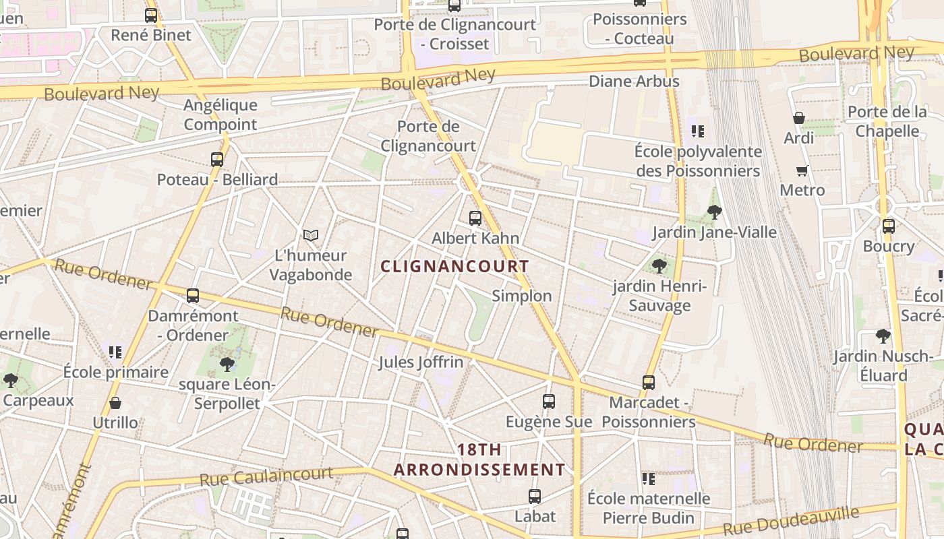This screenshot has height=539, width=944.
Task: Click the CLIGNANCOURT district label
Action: [455, 266]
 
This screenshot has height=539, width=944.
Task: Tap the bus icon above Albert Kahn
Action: [475, 218]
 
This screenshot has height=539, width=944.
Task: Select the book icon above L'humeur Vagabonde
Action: [311, 235]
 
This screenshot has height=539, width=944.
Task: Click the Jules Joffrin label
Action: [421, 362]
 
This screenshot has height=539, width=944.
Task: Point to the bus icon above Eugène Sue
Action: [549, 402]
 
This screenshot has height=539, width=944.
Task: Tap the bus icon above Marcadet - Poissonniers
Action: [649, 383]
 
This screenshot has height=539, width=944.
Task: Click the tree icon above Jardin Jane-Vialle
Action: [715, 212]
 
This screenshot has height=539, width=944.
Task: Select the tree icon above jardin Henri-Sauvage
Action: [659, 266]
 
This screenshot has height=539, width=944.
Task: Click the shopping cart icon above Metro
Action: [802, 170]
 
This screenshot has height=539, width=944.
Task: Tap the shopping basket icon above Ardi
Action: [799, 118]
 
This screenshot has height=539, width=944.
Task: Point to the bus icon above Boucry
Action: [889, 226]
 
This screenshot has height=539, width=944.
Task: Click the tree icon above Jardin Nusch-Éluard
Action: [883, 336]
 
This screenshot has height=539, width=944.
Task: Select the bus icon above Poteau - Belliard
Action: [217, 160]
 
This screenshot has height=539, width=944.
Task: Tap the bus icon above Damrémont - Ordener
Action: [193, 295]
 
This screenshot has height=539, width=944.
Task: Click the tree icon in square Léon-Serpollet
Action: [227, 364]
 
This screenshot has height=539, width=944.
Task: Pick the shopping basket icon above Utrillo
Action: [115, 403]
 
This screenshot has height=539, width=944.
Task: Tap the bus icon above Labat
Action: [535, 497]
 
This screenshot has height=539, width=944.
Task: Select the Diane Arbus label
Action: [634, 82]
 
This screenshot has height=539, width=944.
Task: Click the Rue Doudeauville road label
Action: [791, 520]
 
